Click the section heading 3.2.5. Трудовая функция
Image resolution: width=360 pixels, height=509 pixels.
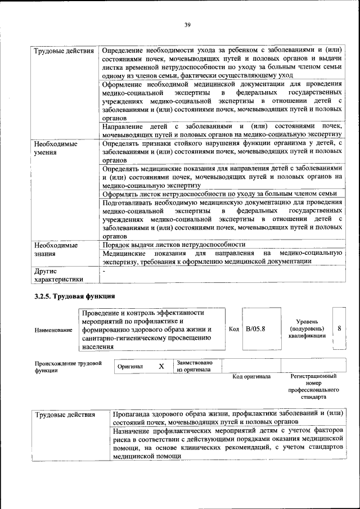pos(75,295)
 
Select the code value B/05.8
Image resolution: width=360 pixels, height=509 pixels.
pos(255,328)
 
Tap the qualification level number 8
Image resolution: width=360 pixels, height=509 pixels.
pos(338,328)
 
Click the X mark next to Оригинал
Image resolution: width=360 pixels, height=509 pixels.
pos(161,366)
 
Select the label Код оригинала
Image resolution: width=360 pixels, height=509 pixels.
pos(251,376)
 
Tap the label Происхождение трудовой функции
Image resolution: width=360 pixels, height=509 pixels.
pos(68,367)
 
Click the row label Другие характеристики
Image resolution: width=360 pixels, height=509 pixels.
pos(58,274)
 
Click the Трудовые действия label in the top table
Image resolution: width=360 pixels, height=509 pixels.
pos(64,52)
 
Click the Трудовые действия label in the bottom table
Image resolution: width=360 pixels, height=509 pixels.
pos(64,415)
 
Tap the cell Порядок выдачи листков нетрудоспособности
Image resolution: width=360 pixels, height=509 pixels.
pos(174,245)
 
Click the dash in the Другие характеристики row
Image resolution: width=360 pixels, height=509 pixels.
pos(103,271)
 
